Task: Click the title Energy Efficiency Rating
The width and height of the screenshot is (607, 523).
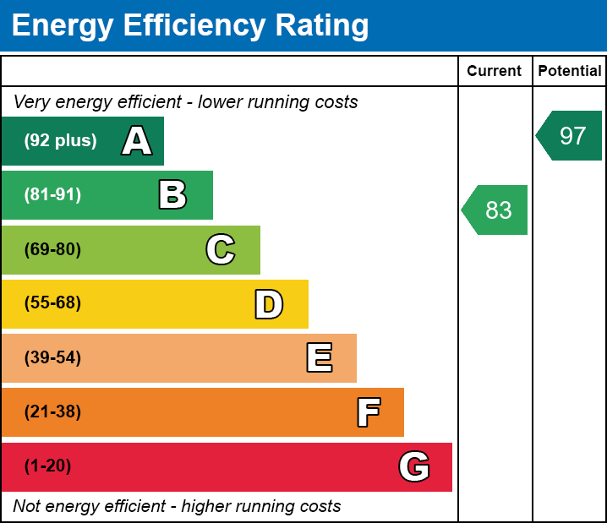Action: click(x=190, y=25)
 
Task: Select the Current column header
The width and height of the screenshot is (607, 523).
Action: click(x=494, y=71)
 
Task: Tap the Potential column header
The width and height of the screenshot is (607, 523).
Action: click(x=570, y=71)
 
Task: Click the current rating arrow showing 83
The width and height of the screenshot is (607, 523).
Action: click(x=495, y=210)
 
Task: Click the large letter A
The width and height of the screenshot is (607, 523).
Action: click(x=137, y=141)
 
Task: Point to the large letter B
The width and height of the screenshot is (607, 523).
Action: click(x=172, y=195)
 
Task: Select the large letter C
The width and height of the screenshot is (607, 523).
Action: click(x=221, y=249)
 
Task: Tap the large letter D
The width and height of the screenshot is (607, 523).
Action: click(x=269, y=304)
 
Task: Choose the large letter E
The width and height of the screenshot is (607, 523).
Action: click(x=319, y=358)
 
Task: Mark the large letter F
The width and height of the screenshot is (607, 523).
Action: click(x=368, y=412)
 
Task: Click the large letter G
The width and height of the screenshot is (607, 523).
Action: click(x=414, y=466)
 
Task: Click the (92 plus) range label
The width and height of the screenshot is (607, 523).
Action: click(x=60, y=141)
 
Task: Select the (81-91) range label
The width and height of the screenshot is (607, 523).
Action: click(x=52, y=195)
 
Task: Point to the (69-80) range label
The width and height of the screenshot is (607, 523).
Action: click(x=52, y=249)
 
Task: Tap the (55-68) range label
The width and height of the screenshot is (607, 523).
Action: click(x=52, y=303)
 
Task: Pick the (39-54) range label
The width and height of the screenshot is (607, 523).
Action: click(x=52, y=358)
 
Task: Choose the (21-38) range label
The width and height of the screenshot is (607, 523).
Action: click(x=52, y=412)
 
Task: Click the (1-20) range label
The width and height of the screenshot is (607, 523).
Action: click(x=48, y=466)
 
